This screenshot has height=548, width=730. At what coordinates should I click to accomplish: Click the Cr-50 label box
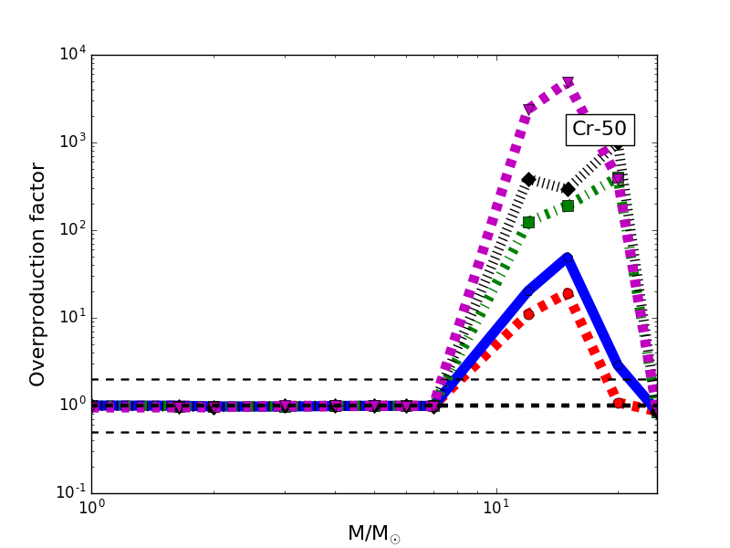point(600,130)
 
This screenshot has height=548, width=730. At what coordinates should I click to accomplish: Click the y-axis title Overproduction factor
point(37,274)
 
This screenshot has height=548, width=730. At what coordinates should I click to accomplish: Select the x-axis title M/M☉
point(373,533)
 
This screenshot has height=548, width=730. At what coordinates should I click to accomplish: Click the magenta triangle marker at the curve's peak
point(568,82)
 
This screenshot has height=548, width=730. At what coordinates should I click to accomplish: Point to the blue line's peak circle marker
point(568,258)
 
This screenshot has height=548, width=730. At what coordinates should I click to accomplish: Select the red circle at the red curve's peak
point(568,293)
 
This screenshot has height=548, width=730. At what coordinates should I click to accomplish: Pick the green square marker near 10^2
point(528,222)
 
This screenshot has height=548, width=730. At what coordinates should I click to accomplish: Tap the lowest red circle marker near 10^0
point(619,403)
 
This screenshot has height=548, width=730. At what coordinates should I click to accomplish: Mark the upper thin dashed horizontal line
point(274,379)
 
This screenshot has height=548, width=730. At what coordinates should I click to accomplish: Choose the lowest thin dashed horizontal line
point(274,432)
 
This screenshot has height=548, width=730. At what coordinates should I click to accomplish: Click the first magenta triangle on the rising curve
point(529,109)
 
